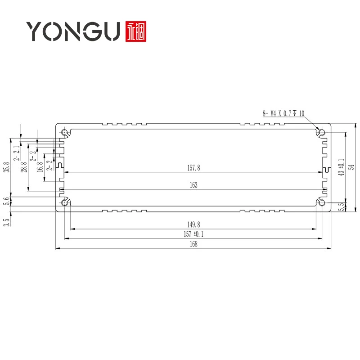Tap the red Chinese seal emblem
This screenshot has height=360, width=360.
[137, 31]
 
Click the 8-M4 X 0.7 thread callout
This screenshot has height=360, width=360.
[283, 113]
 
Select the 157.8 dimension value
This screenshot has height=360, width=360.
[193, 168]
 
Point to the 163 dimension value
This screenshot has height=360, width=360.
[193, 185]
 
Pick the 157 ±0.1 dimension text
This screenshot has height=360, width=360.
[193, 234]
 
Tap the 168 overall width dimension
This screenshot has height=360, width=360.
[193, 244]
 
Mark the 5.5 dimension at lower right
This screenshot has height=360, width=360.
[341, 207]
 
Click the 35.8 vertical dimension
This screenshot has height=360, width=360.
[6, 167]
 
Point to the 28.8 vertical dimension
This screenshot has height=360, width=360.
[24, 167]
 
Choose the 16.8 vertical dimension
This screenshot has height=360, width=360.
[40, 167]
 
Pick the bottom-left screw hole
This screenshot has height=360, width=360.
[65, 203]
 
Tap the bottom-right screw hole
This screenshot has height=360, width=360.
[322, 203]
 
